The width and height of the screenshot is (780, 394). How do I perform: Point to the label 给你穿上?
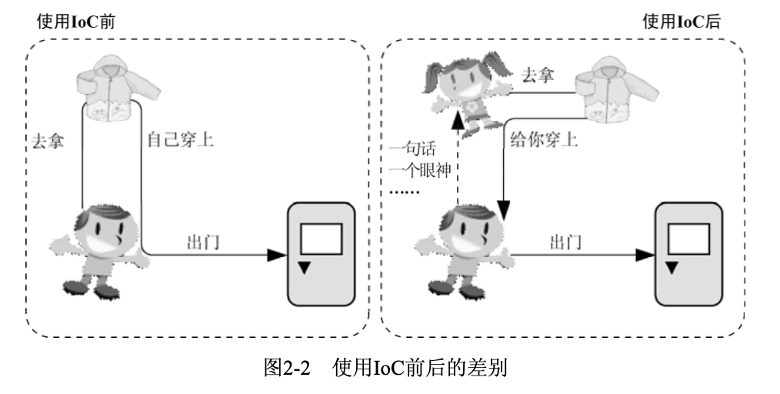(545, 141)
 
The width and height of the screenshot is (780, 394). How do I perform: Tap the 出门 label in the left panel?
(204, 241)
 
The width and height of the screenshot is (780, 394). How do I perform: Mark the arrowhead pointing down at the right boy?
(503, 208)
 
